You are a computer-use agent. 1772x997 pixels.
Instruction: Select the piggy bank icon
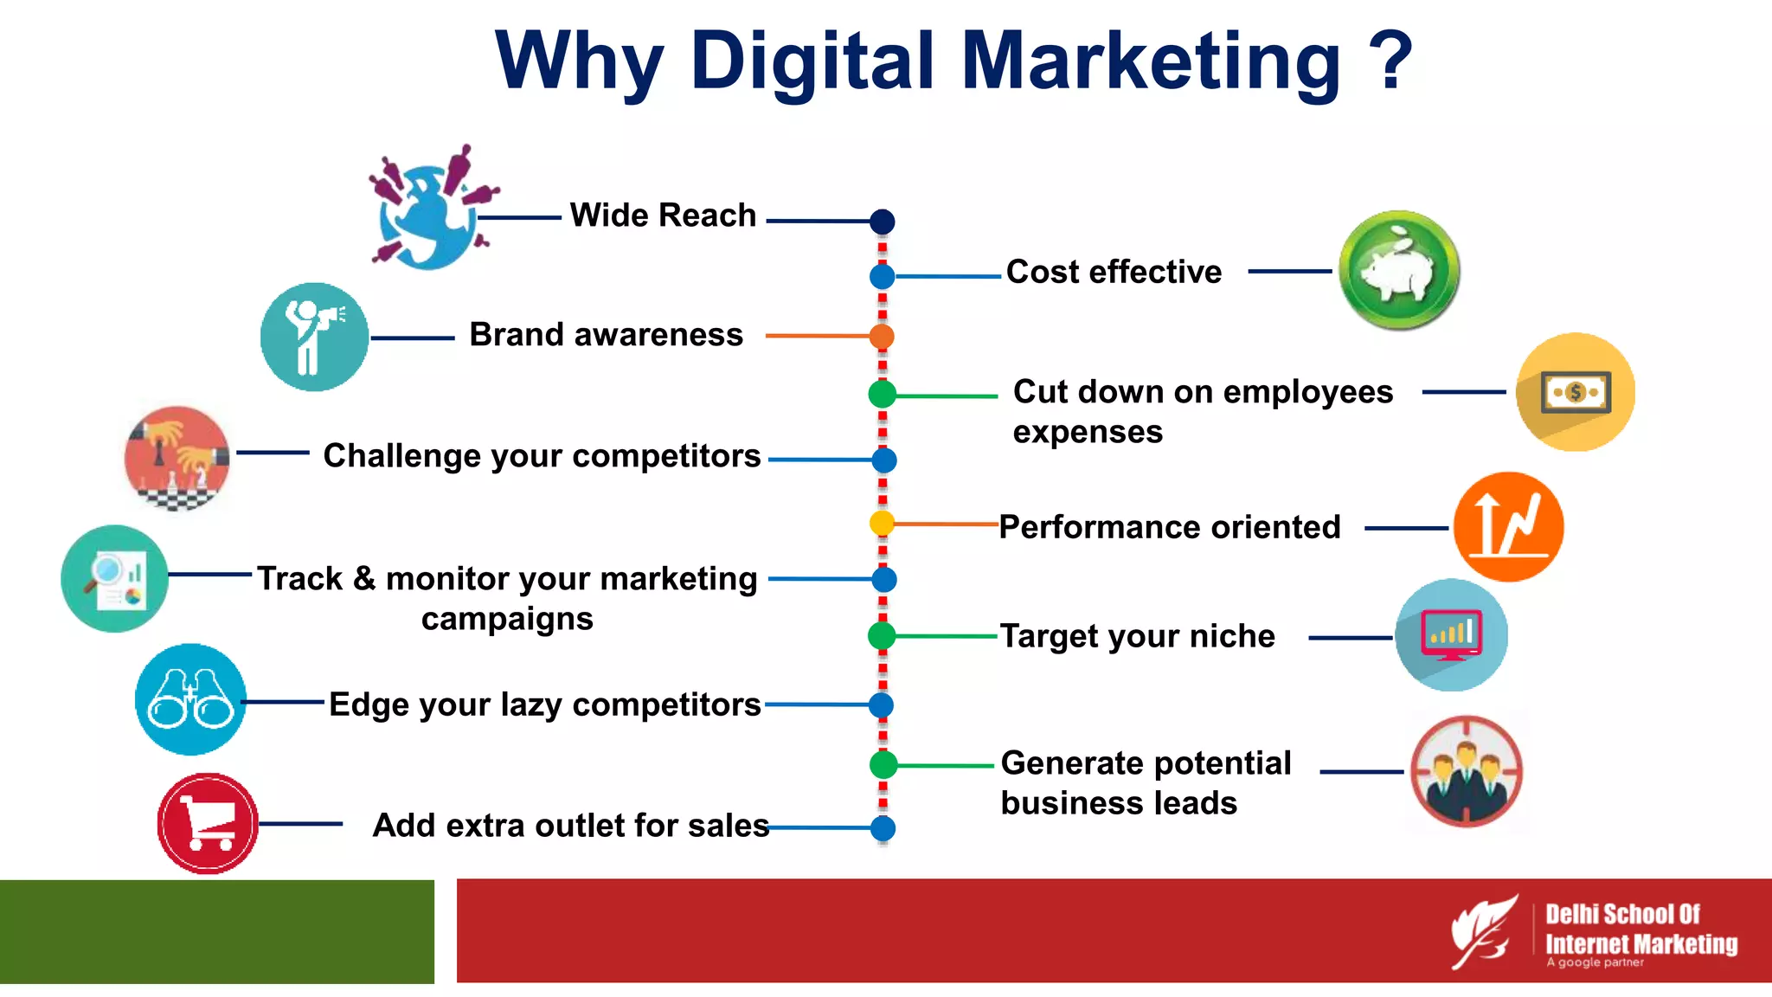[x=1398, y=270]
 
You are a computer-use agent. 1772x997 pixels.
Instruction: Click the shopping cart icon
[x=208, y=823]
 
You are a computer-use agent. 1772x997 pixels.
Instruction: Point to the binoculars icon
[x=190, y=699]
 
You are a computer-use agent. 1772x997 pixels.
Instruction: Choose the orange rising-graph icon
[x=1508, y=526]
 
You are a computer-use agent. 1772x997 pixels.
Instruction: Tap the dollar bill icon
[x=1576, y=392]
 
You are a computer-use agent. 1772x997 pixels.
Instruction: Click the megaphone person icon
[x=314, y=337]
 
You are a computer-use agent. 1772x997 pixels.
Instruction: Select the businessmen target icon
[x=1466, y=771]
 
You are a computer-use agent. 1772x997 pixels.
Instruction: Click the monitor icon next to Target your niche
[x=1451, y=635]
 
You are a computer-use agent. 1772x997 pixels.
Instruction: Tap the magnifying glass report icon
[x=115, y=578]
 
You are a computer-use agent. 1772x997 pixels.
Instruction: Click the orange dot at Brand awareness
[x=882, y=336]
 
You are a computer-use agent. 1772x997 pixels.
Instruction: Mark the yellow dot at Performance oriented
[x=882, y=523]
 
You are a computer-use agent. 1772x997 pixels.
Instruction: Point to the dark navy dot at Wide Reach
[x=882, y=222]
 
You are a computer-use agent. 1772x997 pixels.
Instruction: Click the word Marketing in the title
[x=1151, y=61]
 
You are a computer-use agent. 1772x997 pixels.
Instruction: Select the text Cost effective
[x=1114, y=272]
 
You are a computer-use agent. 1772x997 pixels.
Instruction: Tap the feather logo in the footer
[x=1483, y=931]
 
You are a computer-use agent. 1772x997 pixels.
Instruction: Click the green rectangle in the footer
[x=216, y=931]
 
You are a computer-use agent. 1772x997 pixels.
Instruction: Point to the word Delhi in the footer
[x=1573, y=914]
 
